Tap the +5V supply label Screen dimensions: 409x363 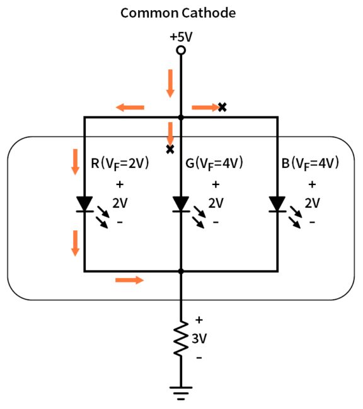tap(181, 36)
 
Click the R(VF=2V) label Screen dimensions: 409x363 tap(120, 164)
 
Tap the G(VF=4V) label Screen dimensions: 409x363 tap(214, 164)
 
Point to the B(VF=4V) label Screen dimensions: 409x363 tap(311, 164)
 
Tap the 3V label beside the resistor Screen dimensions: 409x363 tap(199, 339)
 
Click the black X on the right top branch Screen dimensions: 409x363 tap(222, 107)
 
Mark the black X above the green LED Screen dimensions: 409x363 tap(170, 149)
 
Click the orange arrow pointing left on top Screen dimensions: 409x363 tap(130, 108)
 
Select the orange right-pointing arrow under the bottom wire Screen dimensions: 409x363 tap(129, 279)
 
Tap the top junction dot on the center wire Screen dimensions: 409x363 tap(181, 117)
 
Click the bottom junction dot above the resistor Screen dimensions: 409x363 tap(181, 271)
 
